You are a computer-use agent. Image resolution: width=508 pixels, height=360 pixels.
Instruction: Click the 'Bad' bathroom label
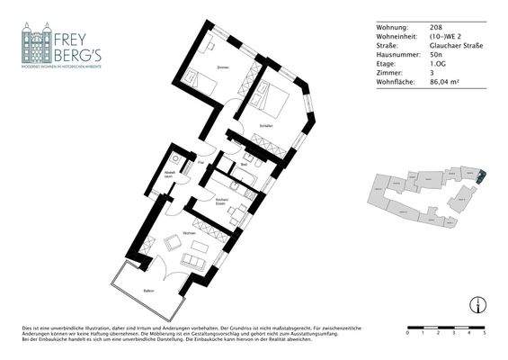click(245, 166)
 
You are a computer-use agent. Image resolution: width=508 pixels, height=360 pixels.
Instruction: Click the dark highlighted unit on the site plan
click(478, 178)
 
